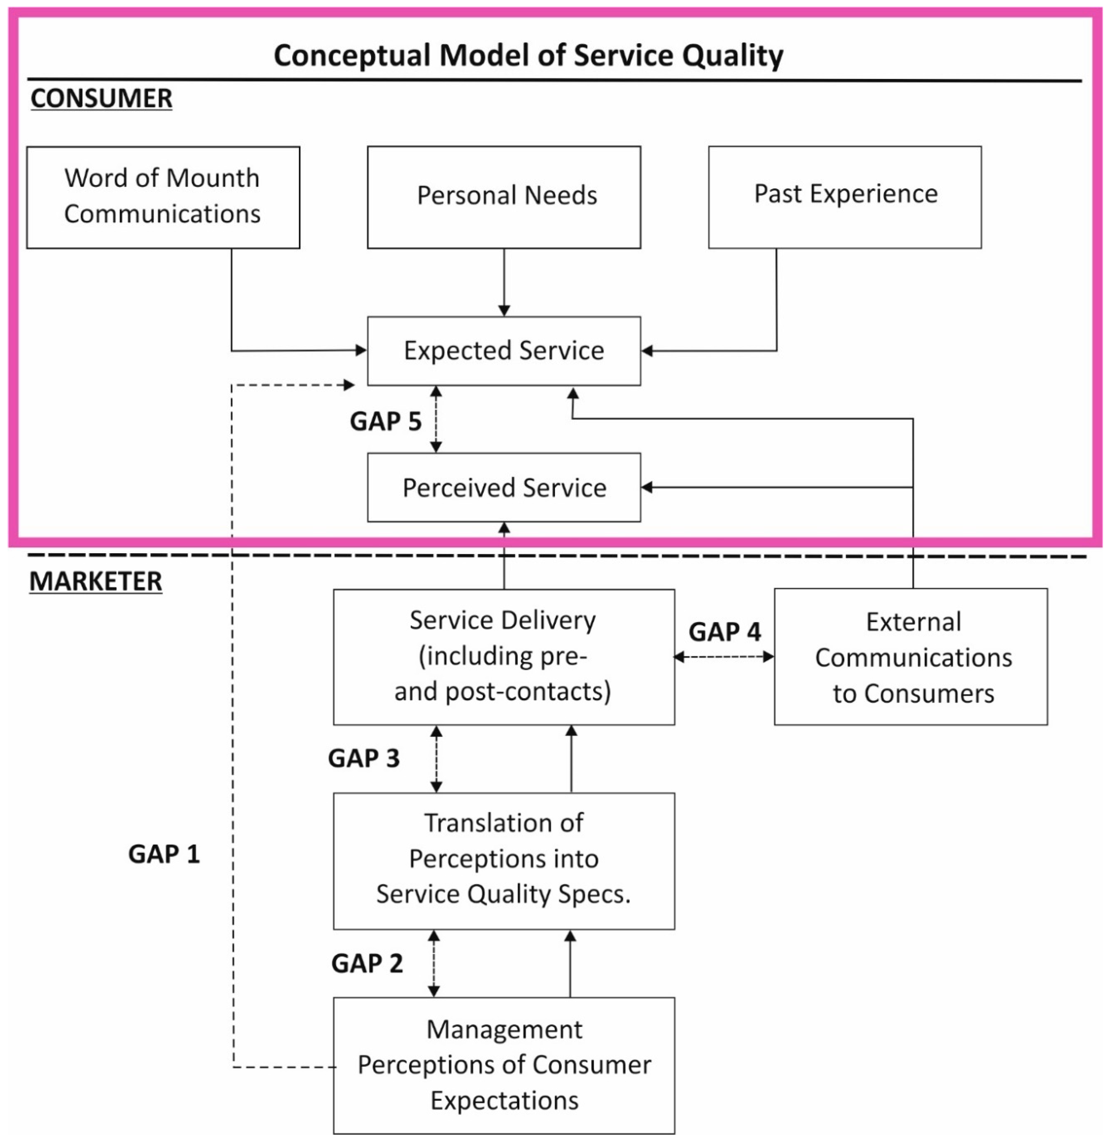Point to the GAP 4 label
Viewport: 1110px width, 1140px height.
(x=725, y=631)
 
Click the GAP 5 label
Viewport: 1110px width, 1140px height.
(x=385, y=421)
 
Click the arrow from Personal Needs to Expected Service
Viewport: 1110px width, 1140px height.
(x=504, y=283)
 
